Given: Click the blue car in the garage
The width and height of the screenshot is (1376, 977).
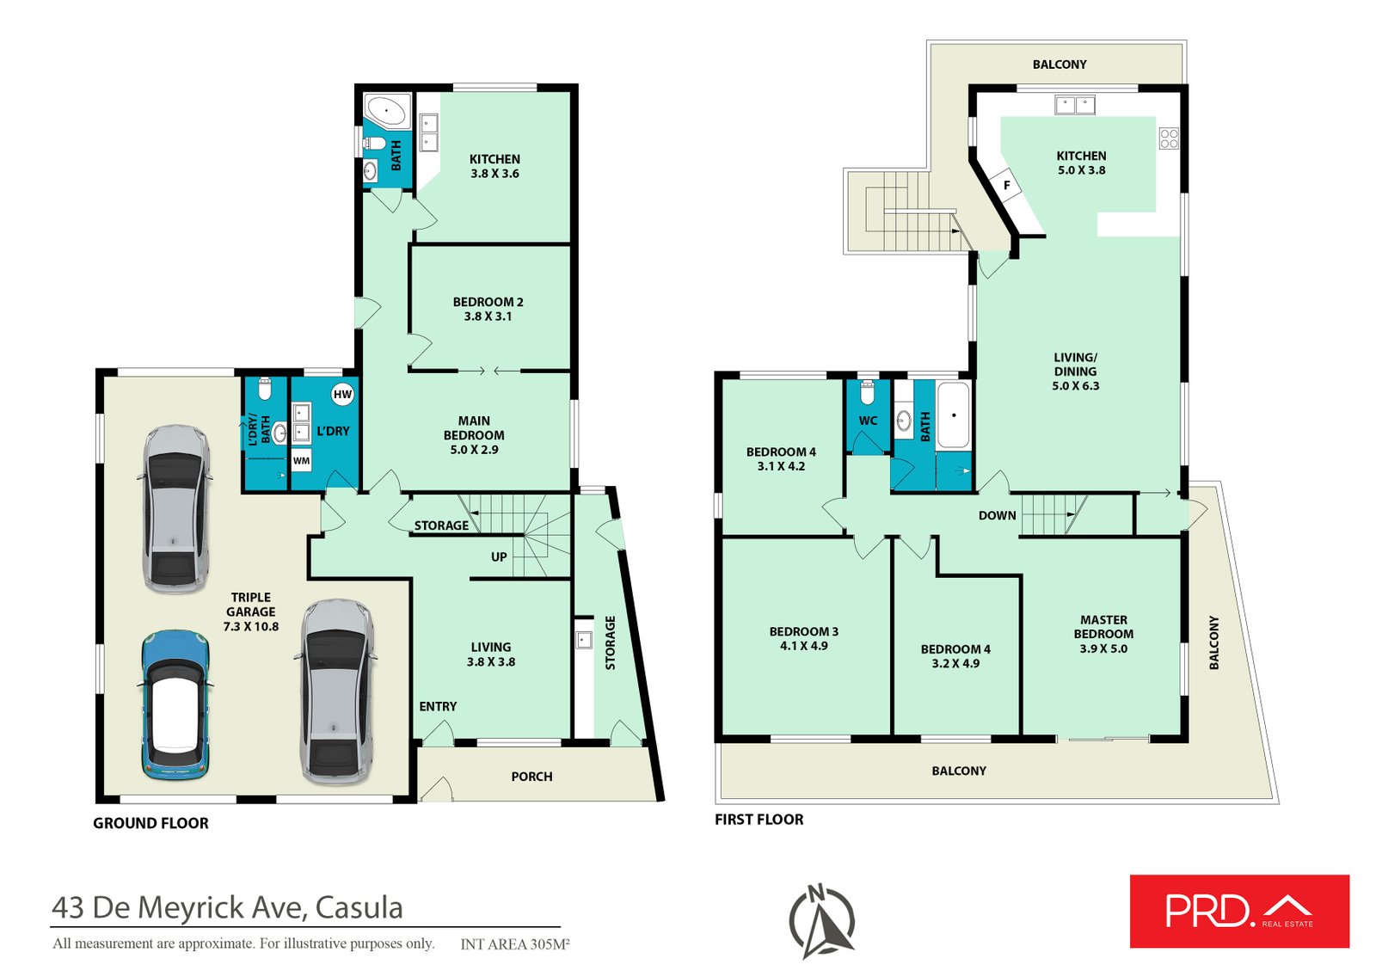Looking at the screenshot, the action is point(175,704).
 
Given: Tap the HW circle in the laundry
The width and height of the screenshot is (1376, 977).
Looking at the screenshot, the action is point(342,395).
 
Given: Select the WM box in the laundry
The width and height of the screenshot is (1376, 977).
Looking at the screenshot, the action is point(301,460).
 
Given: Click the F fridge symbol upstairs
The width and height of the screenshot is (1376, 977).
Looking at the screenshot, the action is point(1007,184).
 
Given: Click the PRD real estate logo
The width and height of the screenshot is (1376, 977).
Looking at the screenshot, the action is point(1239,912).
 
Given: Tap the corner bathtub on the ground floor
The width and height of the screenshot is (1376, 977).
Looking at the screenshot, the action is point(387,111).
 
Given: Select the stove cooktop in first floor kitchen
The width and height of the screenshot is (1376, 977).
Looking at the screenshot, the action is point(1169,138).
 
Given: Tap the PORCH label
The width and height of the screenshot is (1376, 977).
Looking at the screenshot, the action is point(531,776).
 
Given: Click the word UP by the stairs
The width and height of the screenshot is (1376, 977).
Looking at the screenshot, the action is point(499,556).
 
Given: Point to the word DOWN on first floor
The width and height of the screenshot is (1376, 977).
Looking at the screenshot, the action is point(997,515).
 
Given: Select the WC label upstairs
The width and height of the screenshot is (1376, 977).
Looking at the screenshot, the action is point(868,421).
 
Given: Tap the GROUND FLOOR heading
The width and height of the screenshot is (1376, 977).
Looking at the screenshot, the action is point(150,823).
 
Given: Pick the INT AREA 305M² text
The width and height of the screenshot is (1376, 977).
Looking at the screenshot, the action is point(515,943).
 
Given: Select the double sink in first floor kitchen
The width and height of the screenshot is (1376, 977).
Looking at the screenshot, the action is point(1075,104).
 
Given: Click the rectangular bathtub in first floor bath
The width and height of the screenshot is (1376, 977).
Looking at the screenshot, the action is point(954,415).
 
